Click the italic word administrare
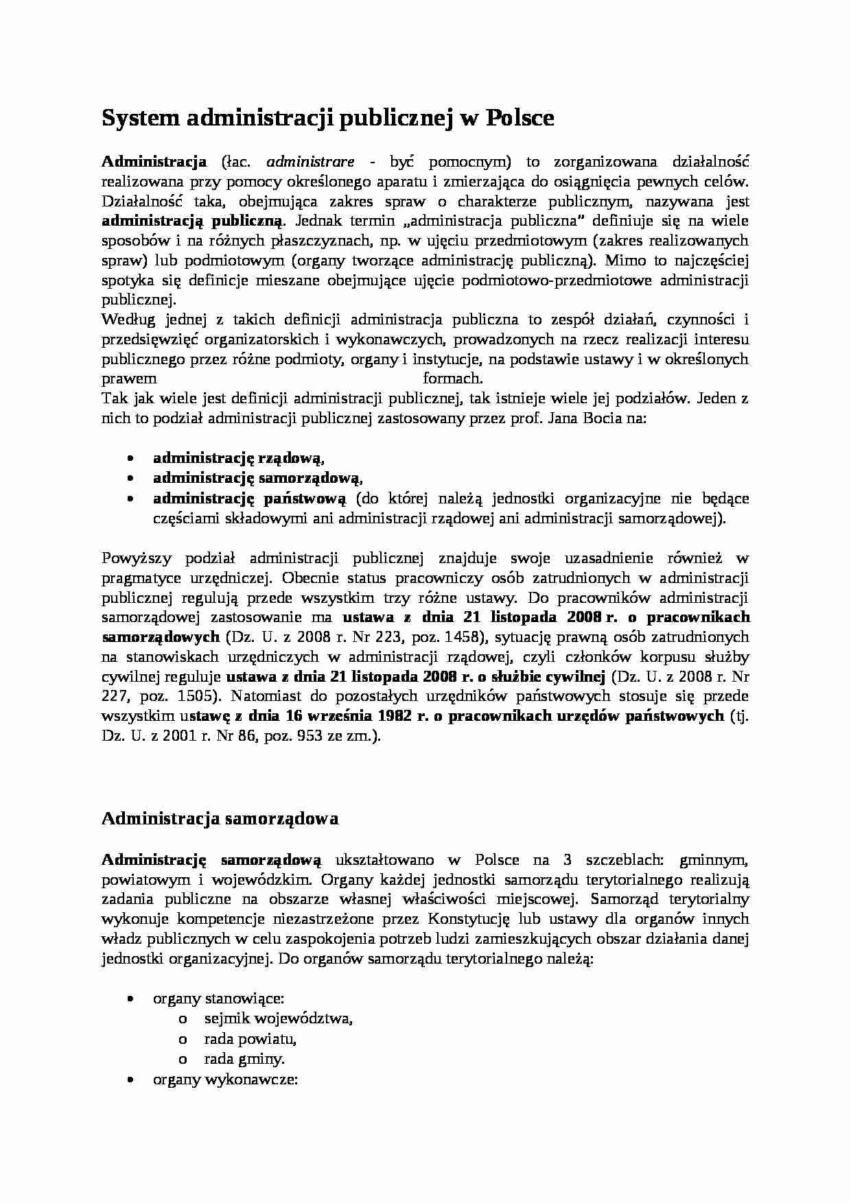pos(310,162)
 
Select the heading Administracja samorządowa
pos(220,818)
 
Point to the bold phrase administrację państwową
pos(250,498)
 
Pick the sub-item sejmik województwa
pos(278,1019)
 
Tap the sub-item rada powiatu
pos(250,1038)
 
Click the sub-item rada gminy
pos(244,1059)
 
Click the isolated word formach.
pos(453,379)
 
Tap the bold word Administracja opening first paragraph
pos(154,162)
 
